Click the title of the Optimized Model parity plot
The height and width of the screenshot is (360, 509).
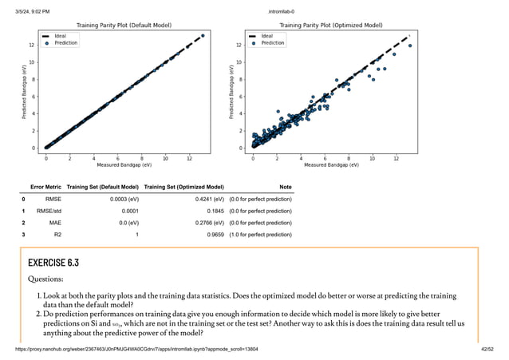(330, 26)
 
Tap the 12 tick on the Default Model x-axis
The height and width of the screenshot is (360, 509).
(188, 158)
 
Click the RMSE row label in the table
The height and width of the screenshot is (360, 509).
(53, 199)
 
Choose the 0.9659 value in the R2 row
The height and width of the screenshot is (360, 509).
(213, 235)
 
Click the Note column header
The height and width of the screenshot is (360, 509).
(285, 186)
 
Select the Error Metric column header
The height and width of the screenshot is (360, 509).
(45, 186)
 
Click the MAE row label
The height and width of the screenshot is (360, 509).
(54, 223)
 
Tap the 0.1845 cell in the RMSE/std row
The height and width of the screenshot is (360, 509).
(213, 211)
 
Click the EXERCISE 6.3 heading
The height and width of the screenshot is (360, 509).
(53, 262)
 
